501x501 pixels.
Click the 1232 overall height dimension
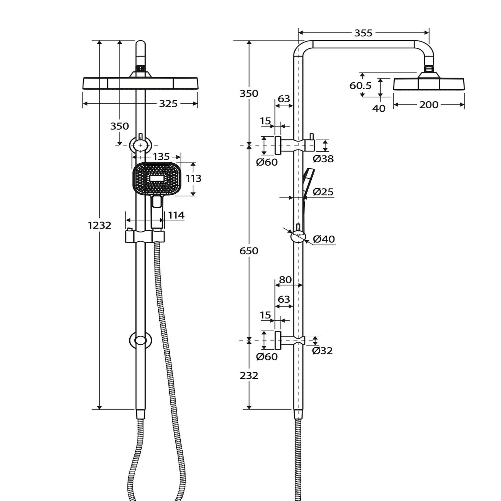coord(100,225)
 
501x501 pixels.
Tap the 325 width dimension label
coord(168,104)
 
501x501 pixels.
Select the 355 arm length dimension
coord(363,33)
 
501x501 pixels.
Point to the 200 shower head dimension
coord(429,105)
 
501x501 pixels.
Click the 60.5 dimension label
coord(360,86)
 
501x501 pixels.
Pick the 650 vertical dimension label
coord(249,251)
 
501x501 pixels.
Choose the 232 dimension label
coord(249,375)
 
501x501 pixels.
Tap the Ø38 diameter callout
coord(323,159)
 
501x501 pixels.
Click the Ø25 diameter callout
coord(323,192)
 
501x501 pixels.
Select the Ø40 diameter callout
coord(324,239)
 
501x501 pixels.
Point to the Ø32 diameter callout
coord(322,350)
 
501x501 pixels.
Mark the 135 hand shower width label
coord(161,156)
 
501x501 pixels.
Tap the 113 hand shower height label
coord(193,178)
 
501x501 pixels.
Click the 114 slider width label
coord(176,215)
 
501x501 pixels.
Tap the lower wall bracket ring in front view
coord(141,340)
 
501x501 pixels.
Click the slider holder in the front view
coord(145,236)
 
